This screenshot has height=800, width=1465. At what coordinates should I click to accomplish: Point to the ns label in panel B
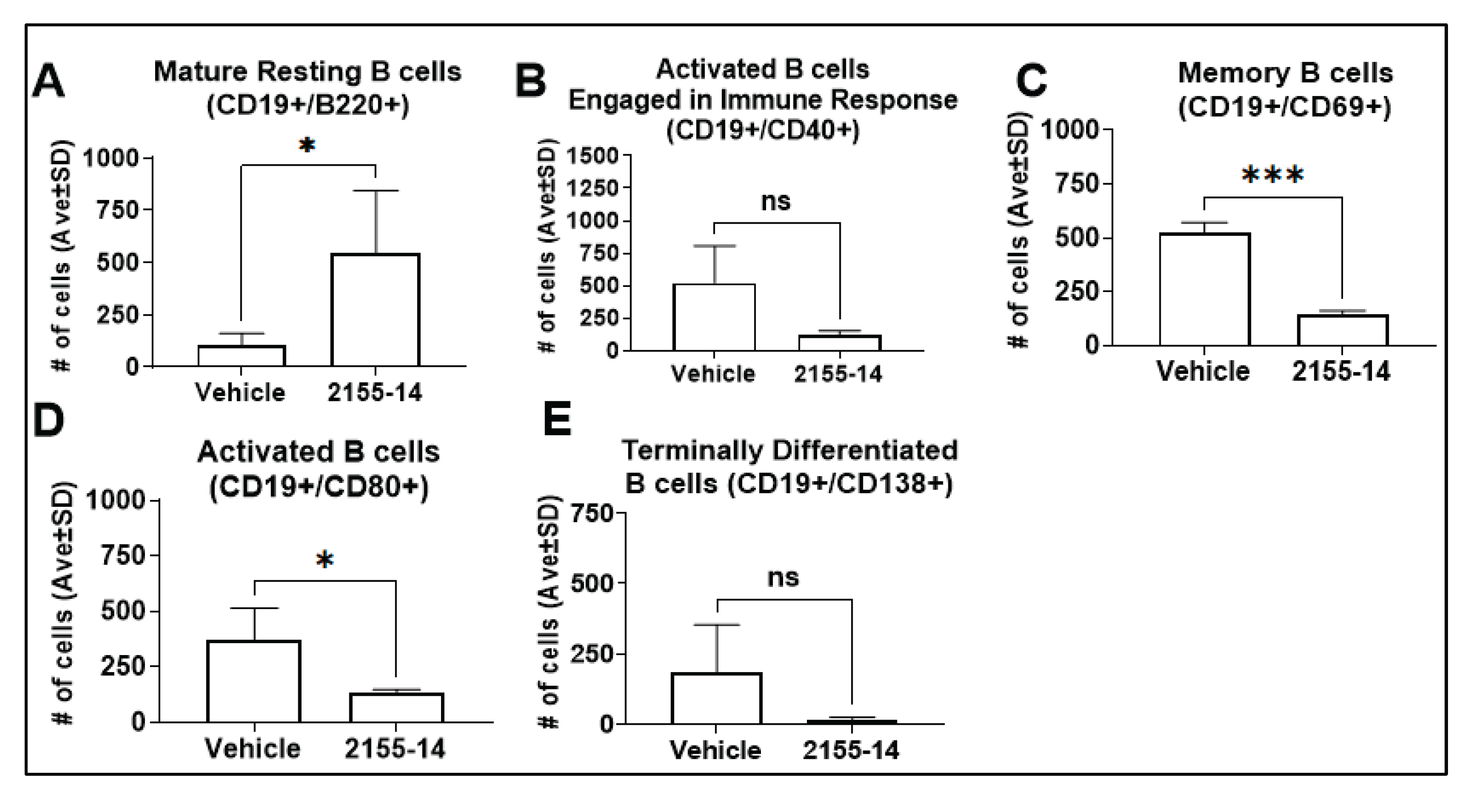[776, 201]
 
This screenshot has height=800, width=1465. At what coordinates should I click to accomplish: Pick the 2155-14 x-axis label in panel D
[395, 749]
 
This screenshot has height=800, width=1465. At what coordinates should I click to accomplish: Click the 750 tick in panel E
[595, 514]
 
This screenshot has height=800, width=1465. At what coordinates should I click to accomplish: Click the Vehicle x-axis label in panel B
[713, 374]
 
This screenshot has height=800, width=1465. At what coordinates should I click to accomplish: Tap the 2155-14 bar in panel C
[1343, 330]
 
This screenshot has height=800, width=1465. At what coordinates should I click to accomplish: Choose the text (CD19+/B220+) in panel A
[308, 106]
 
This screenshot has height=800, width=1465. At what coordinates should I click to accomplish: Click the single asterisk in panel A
[306, 146]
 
